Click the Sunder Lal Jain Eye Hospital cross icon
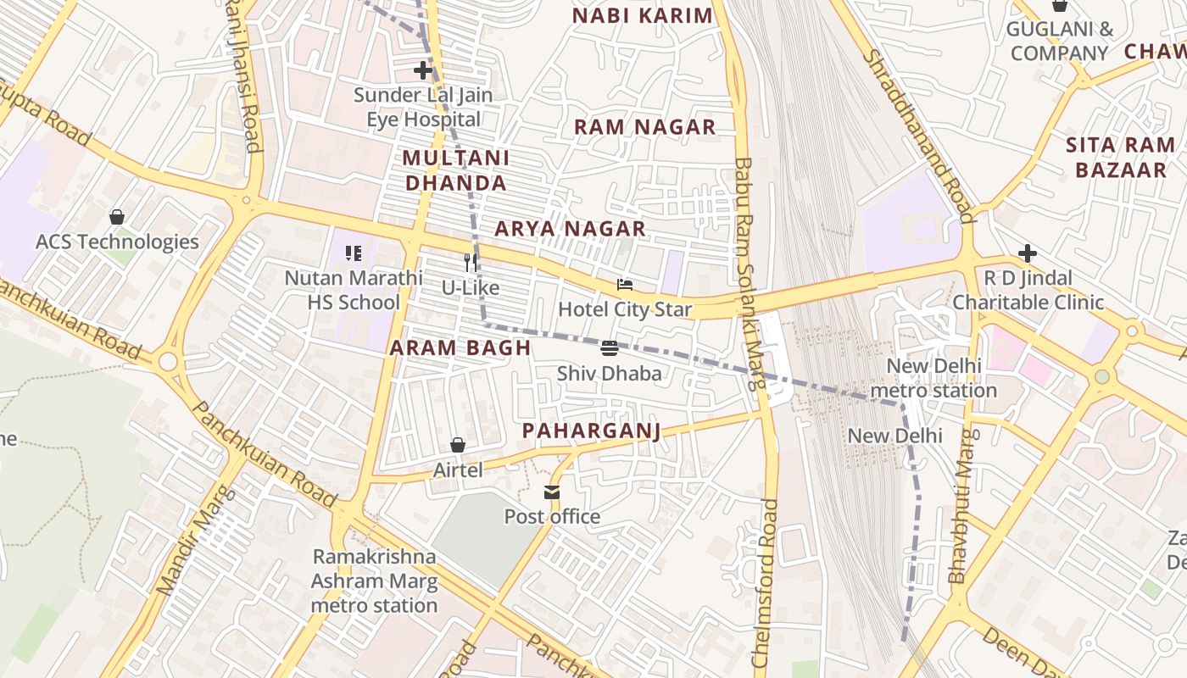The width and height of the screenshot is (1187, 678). point(423,70)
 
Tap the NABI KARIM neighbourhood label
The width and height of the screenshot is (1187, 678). point(642,15)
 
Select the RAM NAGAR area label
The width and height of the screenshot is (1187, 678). point(644,127)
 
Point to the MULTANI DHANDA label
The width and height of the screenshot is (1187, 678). point(455,170)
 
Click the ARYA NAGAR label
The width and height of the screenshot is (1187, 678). point(570,229)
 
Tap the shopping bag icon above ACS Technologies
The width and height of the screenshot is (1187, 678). point(117,217)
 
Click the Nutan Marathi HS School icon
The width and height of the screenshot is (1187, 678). point(354,253)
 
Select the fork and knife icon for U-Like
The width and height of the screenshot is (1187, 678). point(471,263)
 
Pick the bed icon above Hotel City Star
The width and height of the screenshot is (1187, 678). point(625,285)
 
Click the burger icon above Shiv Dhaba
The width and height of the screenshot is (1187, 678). point(609,348)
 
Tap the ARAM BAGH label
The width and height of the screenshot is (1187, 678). point(460,347)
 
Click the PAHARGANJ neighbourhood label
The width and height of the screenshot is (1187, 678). point(591,431)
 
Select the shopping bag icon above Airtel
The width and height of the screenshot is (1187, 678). point(458,445)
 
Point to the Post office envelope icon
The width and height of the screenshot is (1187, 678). point(552,492)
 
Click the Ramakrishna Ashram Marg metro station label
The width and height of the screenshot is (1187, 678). point(374,581)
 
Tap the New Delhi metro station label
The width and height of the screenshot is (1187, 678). point(933,378)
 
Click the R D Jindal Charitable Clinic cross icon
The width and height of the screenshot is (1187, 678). point(1028,253)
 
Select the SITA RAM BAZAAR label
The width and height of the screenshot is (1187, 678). point(1120,158)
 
